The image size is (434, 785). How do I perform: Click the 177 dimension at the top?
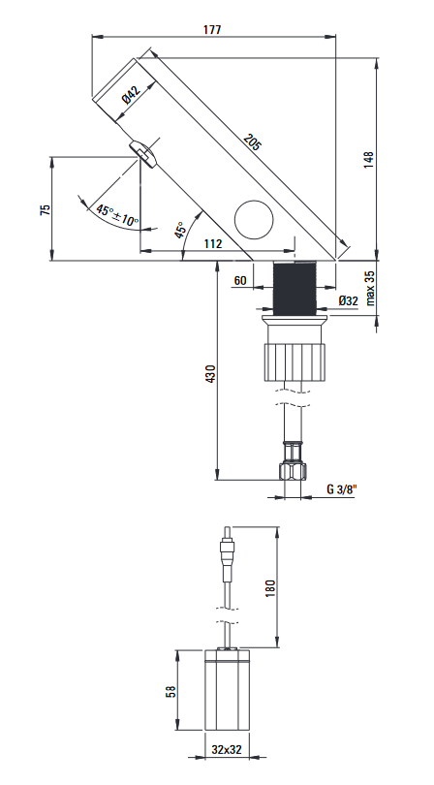212,29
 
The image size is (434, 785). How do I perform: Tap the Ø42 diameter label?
132,95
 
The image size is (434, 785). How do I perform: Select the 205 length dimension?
253,142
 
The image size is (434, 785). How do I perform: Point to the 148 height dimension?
369,160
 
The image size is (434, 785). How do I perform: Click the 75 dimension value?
46,209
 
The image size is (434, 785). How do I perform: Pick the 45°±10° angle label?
117,215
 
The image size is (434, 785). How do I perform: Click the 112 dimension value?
213,244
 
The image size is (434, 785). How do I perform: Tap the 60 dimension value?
240,280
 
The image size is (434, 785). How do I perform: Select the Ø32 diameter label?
349,300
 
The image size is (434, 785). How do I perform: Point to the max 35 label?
370,288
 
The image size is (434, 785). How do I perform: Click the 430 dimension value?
211,374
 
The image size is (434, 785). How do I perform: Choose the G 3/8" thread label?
341,489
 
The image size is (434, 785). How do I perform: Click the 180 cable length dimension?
270,588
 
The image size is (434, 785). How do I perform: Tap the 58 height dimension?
171,692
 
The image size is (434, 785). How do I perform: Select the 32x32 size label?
227,749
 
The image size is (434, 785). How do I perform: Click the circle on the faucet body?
255,220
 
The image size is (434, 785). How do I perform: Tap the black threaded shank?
294,288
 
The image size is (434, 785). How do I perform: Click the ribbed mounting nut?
294,361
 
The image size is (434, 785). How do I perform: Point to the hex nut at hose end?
293,472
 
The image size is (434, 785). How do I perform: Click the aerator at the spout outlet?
143,153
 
